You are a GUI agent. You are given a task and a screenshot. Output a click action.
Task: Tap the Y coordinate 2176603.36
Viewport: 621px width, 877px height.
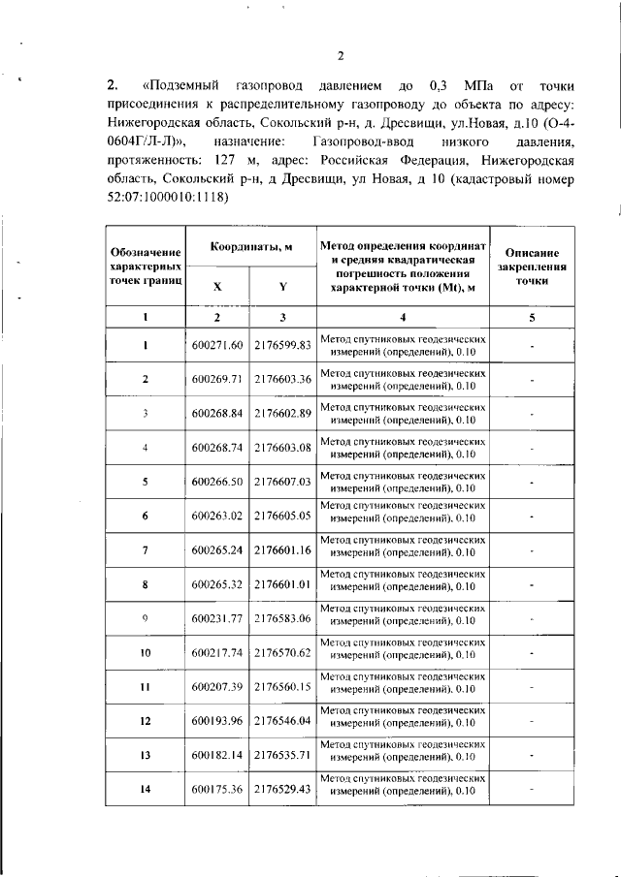coord(281,379)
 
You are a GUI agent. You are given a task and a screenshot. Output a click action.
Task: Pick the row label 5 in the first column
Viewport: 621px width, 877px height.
coord(145,482)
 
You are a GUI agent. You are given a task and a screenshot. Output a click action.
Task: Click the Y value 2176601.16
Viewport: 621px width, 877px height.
coord(281,550)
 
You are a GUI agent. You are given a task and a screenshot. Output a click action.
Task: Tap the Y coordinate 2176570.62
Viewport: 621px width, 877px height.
coord(281,653)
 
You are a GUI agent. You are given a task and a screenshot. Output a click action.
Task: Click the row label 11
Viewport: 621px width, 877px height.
coord(145,687)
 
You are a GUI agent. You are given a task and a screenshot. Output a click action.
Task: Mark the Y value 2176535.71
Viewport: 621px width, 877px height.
coord(281,756)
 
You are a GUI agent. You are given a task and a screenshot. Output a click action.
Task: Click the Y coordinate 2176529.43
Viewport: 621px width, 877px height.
coord(281,790)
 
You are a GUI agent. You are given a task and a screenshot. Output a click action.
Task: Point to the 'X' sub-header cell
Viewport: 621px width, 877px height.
coord(216,287)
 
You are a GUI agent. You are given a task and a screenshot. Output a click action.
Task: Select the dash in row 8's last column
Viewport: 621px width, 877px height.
coord(533,584)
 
